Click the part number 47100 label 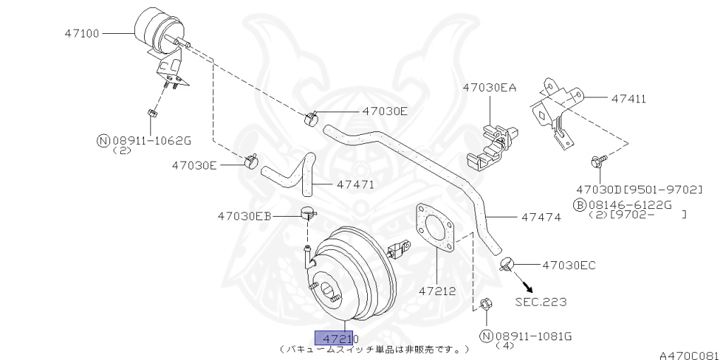click(83, 32)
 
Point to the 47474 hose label click(541, 217)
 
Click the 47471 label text click(355, 185)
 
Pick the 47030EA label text click(489, 88)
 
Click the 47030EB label click(244, 215)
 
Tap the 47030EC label click(569, 265)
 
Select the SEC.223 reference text click(540, 302)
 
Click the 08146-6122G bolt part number click(622, 205)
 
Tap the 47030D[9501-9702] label click(640, 189)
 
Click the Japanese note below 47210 click(374, 349)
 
